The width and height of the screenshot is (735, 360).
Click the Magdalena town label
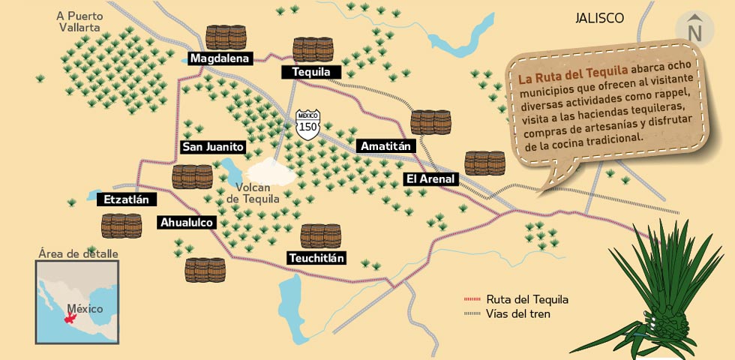coord(219,58)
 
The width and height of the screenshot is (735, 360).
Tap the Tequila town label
coord(311,72)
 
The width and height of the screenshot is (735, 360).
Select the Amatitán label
coord(385,146)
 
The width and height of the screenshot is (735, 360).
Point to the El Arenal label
coord(430,178)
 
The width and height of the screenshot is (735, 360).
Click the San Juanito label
coord(213,147)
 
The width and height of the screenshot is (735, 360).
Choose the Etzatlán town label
coord(127,199)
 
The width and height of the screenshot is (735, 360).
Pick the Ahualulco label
coord(187,222)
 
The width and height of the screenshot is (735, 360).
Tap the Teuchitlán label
coord(316,258)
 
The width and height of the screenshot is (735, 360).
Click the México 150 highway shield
coord(308,123)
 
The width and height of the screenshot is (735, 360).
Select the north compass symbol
coord(694,28)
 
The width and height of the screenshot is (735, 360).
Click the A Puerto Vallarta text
coord(80,21)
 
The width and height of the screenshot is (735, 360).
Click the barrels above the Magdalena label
coord(226,37)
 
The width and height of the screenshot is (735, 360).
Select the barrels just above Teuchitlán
coord(320,236)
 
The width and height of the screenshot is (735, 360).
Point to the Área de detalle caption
coord(78,253)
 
